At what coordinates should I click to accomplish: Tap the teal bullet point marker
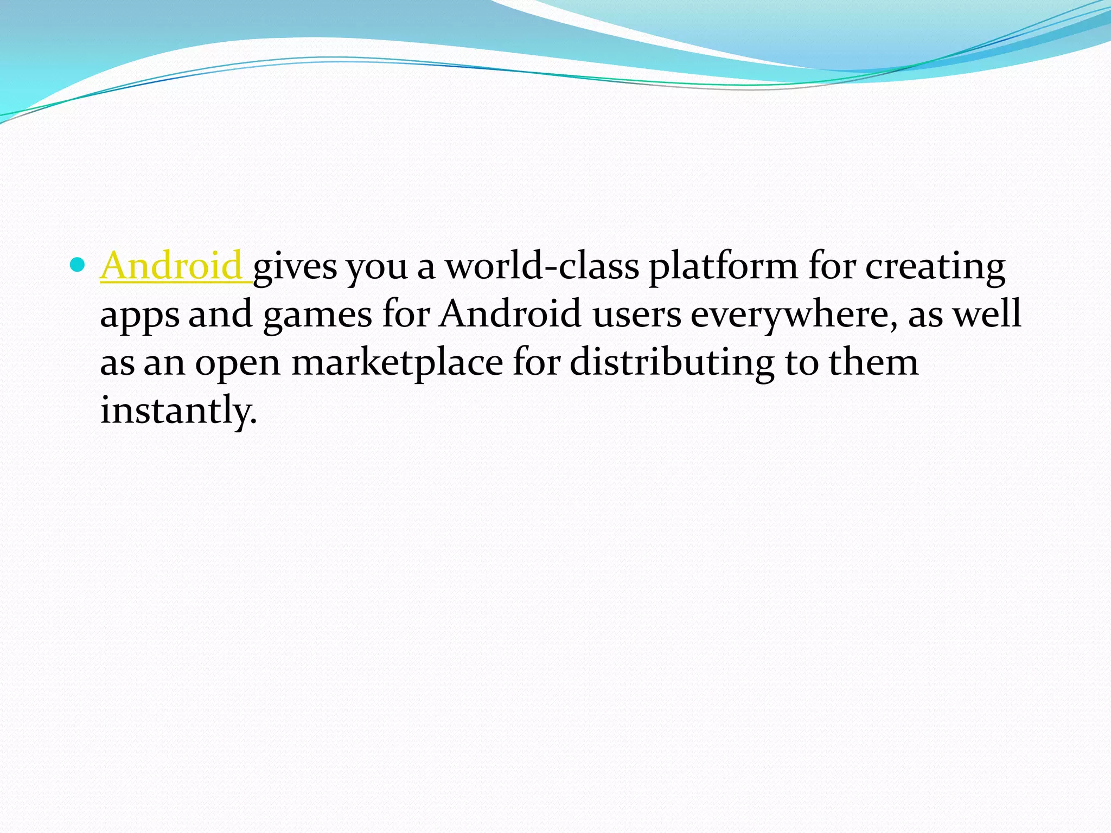click(x=79, y=265)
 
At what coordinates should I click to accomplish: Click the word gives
click(x=295, y=267)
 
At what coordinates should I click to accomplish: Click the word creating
click(x=935, y=267)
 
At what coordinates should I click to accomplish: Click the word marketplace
click(x=397, y=362)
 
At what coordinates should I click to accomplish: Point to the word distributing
click(x=672, y=362)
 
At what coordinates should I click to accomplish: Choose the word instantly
click(x=178, y=410)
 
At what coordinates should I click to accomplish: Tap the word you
click(x=378, y=267)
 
